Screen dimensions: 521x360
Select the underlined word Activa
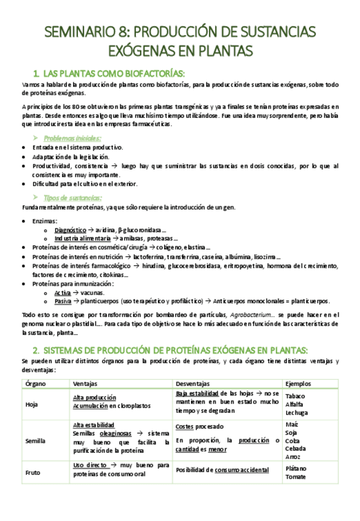tap(63, 292)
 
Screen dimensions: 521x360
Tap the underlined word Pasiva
tap(63, 301)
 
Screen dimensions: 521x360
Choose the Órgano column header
tap(35, 384)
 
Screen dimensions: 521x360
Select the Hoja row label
tap(32, 404)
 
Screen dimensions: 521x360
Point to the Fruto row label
tap(33, 473)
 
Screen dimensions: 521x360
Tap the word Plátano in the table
tap(297, 468)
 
